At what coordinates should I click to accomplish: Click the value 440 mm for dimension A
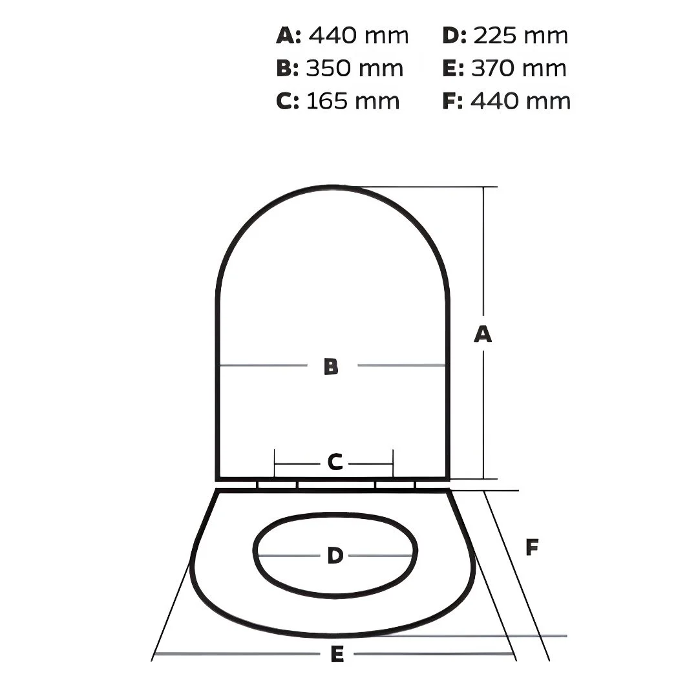(x=358, y=36)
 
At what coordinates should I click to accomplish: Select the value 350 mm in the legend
(x=354, y=68)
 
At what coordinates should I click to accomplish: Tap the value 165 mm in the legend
(x=353, y=101)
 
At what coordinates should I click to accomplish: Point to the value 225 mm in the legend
(x=520, y=36)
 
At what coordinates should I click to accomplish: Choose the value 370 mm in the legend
(x=518, y=68)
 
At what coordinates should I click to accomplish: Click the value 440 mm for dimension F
(x=520, y=101)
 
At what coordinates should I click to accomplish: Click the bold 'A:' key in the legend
(x=288, y=36)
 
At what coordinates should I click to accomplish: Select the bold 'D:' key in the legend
(x=454, y=36)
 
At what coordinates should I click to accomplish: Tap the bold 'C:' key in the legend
(x=287, y=101)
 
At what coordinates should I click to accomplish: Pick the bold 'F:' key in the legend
(x=452, y=101)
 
